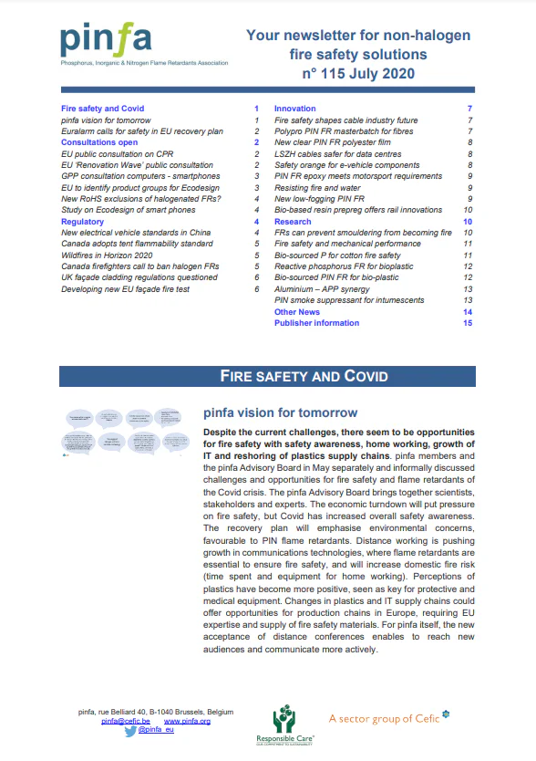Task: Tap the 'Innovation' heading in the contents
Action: coord(294,109)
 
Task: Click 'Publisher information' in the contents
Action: coord(316,323)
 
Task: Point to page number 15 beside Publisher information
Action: coord(467,323)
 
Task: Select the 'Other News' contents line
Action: coord(297,312)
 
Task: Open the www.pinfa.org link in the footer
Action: coord(187,721)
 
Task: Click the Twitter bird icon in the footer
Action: coord(129,732)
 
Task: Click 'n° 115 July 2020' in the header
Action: coord(358,73)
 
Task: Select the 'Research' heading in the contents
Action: coord(293,222)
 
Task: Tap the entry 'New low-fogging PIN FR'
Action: coord(320,199)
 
